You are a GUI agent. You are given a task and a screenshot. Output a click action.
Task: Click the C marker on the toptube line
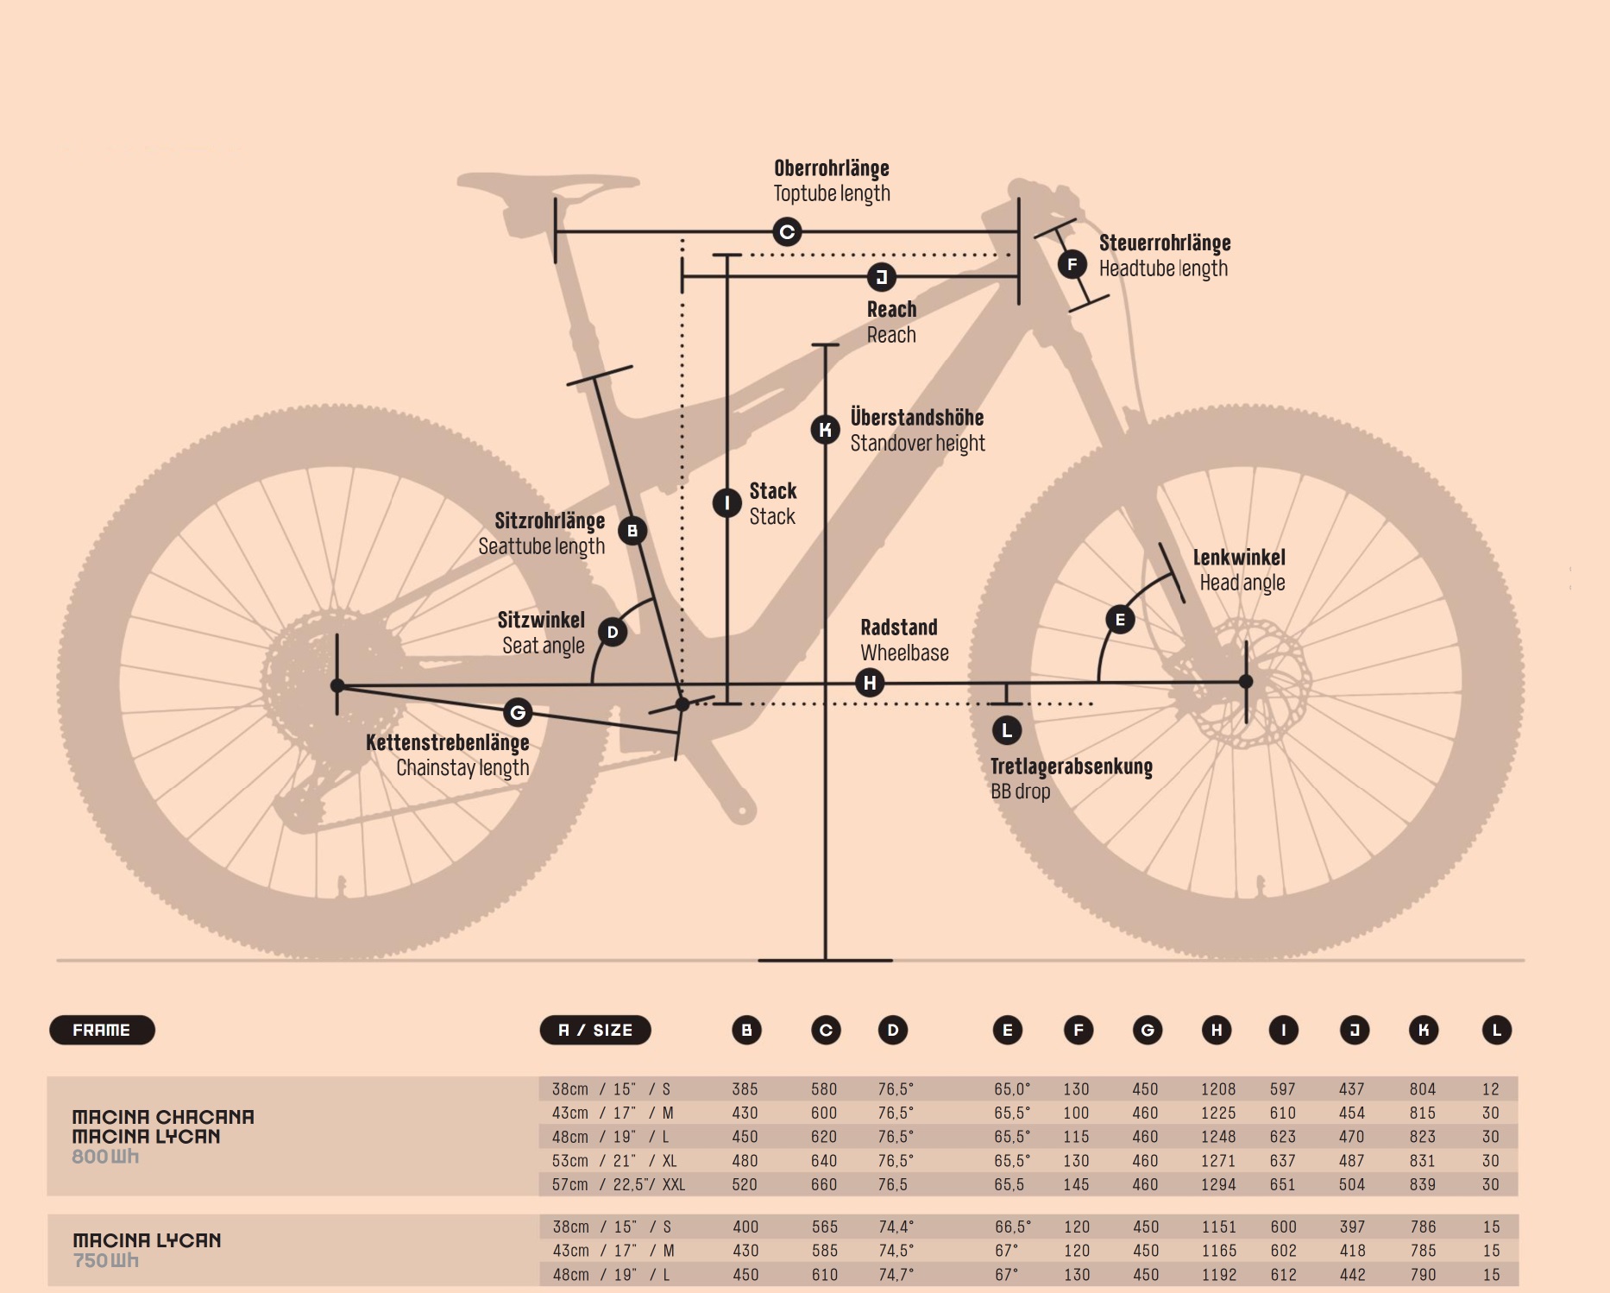[x=787, y=231]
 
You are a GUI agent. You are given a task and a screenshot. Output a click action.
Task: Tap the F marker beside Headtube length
[x=1072, y=264]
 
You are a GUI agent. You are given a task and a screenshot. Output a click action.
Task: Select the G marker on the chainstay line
[x=518, y=712]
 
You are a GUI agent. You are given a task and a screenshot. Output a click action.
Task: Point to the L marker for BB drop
[x=1007, y=730]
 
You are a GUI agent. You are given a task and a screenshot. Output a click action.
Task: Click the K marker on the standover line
[x=826, y=429]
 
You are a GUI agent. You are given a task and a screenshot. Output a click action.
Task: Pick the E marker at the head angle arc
[x=1120, y=619]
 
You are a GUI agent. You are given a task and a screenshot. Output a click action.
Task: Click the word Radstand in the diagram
[x=898, y=628]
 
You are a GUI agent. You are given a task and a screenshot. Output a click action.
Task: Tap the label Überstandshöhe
[x=917, y=418]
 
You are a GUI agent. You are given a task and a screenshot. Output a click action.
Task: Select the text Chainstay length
[x=462, y=768]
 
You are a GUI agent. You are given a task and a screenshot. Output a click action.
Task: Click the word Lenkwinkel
[x=1239, y=558]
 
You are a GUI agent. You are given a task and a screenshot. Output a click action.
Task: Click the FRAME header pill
[x=102, y=1030]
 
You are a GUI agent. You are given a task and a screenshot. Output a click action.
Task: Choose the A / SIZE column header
[x=595, y=1030]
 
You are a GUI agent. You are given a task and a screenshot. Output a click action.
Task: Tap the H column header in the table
[x=1217, y=1030]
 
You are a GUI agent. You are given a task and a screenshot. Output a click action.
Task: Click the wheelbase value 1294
[x=1218, y=1185]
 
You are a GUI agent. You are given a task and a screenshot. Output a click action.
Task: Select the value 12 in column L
[x=1491, y=1089]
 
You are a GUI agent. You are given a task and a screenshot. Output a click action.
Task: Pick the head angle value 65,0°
[x=1012, y=1089]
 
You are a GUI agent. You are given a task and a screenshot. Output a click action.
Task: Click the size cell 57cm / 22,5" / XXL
[x=619, y=1185]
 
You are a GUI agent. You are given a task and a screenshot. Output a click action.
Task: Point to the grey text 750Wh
[x=105, y=1260]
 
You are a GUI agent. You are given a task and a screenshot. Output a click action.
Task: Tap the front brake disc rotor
[x=1242, y=682]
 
